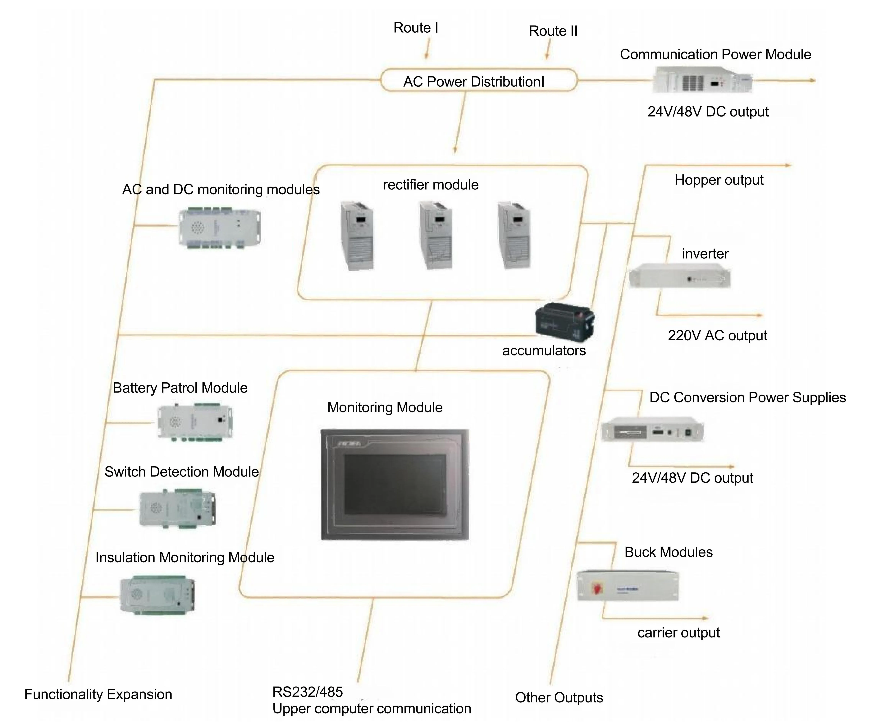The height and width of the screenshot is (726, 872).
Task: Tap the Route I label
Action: coord(416,28)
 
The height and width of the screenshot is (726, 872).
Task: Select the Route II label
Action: coord(553,31)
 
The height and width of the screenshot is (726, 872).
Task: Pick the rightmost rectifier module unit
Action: coord(515,235)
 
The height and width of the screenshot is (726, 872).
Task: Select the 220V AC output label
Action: coord(717,336)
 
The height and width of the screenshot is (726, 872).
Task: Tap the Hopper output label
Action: coord(719,180)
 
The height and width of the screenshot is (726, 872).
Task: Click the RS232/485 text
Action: coord(307,692)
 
